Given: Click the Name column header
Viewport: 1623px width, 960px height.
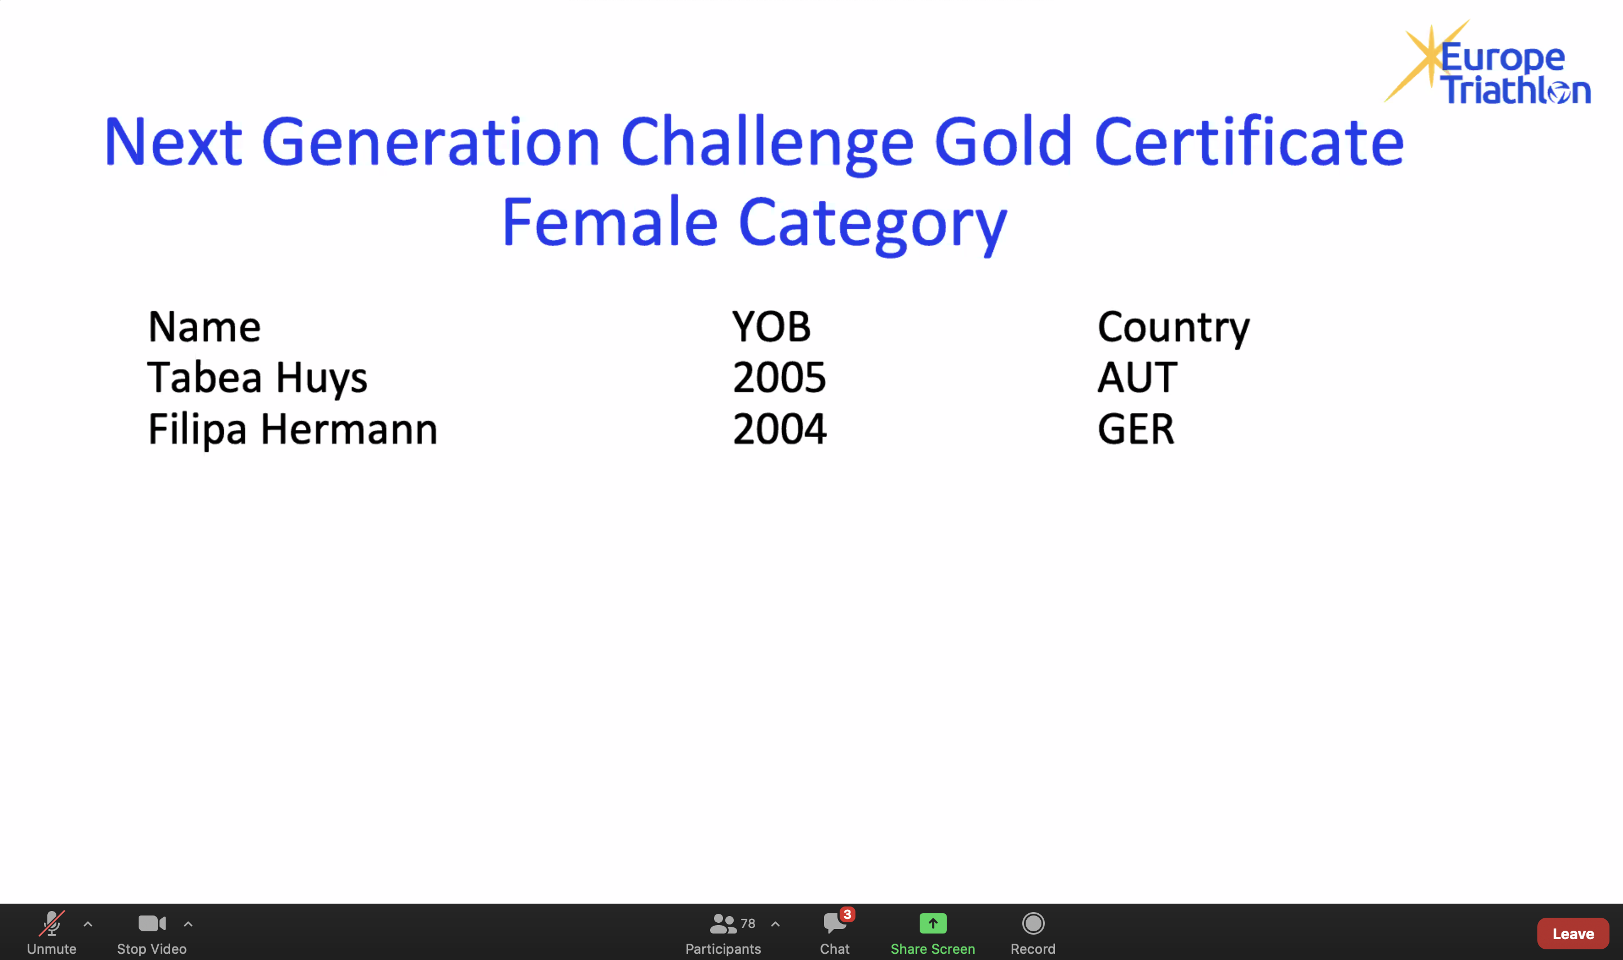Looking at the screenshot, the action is pyautogui.click(x=205, y=327).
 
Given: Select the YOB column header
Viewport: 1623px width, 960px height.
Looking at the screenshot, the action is pyautogui.click(x=771, y=327).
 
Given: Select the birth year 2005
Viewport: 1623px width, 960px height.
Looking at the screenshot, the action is pyautogui.click(x=779, y=378).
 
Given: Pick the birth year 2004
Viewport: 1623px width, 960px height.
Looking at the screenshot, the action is pyautogui.click(x=779, y=429).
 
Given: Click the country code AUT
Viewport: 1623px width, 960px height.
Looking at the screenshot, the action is pyautogui.click(x=1137, y=378).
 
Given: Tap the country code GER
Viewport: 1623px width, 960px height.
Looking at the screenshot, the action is pyautogui.click(x=1136, y=429).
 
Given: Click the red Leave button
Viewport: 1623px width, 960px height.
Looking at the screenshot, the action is pyautogui.click(x=1572, y=934).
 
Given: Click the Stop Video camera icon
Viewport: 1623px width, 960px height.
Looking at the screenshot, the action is pyautogui.click(x=152, y=923).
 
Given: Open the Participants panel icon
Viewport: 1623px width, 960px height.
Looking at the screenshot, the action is pyautogui.click(x=722, y=924).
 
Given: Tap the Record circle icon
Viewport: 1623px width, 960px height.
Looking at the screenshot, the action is pyautogui.click(x=1033, y=923).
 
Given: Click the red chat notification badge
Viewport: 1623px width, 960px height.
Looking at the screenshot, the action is pyautogui.click(x=847, y=914).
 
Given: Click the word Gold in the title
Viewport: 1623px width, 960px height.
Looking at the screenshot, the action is pyautogui.click(x=1003, y=141).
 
